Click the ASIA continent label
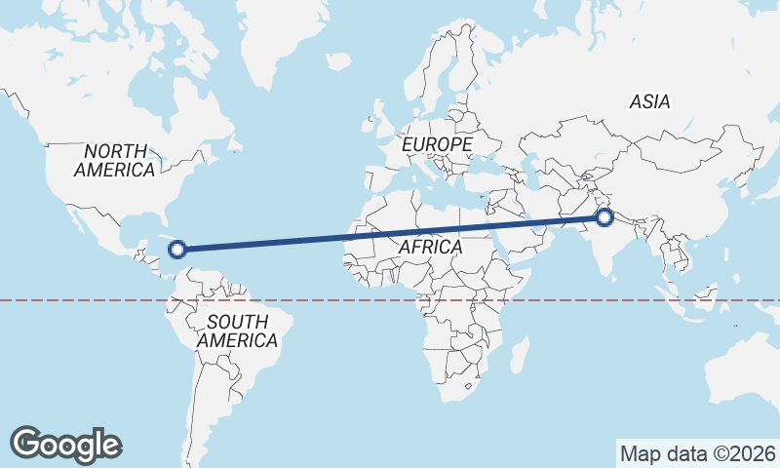click(649, 101)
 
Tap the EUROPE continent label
click(438, 144)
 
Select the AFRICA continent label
click(430, 248)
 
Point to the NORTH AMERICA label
click(115, 160)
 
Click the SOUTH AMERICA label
click(237, 331)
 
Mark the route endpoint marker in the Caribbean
click(177, 249)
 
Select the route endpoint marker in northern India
click(604, 217)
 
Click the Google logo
click(66, 444)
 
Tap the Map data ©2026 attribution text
click(698, 453)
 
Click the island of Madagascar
click(520, 353)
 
